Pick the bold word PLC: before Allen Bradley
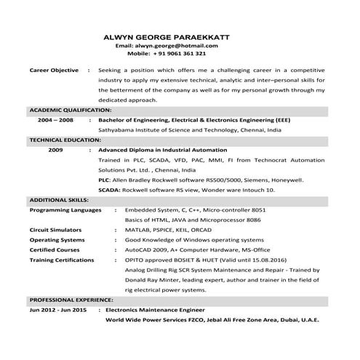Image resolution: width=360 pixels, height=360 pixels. [104, 178]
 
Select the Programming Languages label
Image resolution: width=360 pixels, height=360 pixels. [65, 209]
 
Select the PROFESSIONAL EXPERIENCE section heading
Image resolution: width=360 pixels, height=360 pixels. [71, 300]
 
